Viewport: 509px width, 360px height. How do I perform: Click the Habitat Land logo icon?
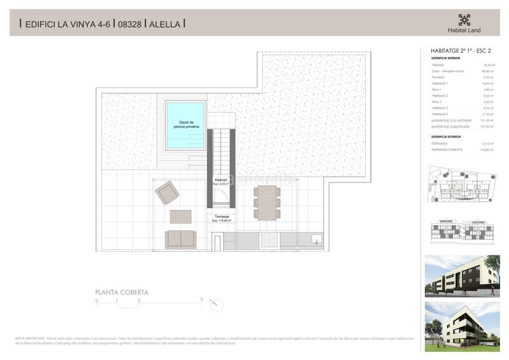pos(464,20)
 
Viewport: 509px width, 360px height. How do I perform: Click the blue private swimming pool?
pos(185,125)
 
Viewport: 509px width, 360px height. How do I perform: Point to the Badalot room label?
pos(221,180)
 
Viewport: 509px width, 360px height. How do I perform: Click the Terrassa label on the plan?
pos(221,216)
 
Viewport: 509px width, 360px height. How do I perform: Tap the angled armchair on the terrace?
pos(167,191)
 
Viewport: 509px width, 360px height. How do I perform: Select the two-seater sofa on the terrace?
pos(181,239)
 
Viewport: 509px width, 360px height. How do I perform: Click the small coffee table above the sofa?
pos(180,216)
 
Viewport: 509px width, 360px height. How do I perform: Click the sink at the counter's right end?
pos(316,240)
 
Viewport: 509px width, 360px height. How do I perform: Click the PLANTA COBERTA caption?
pos(122,293)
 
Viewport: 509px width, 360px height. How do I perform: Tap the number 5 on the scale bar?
pos(202,299)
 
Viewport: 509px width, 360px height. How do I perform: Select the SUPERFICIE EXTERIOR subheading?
pos(445,137)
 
